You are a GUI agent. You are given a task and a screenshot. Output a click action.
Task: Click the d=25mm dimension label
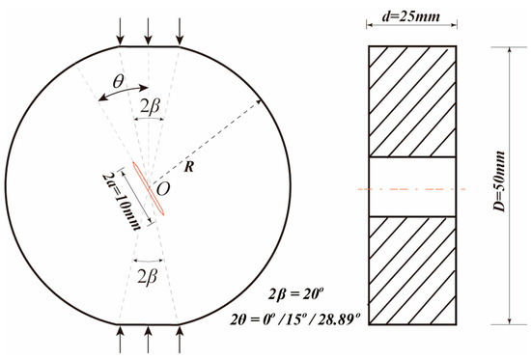pos(411,15)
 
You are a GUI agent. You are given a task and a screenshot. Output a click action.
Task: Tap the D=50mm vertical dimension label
pos(499,181)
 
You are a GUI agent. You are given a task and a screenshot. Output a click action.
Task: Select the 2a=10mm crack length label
pos(122,202)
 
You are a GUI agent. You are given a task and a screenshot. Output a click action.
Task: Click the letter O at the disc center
pos(163,189)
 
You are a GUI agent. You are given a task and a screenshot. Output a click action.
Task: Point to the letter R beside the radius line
pos(188,167)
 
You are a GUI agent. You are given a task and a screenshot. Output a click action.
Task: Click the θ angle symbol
pos(118,81)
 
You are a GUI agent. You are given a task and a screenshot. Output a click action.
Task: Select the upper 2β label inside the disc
pos(150,107)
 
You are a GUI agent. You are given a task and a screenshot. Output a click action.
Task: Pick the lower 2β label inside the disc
pos(148,277)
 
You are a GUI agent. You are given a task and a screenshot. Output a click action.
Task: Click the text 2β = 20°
pos(294,294)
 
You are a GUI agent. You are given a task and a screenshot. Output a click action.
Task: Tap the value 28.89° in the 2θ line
pos(338,318)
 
